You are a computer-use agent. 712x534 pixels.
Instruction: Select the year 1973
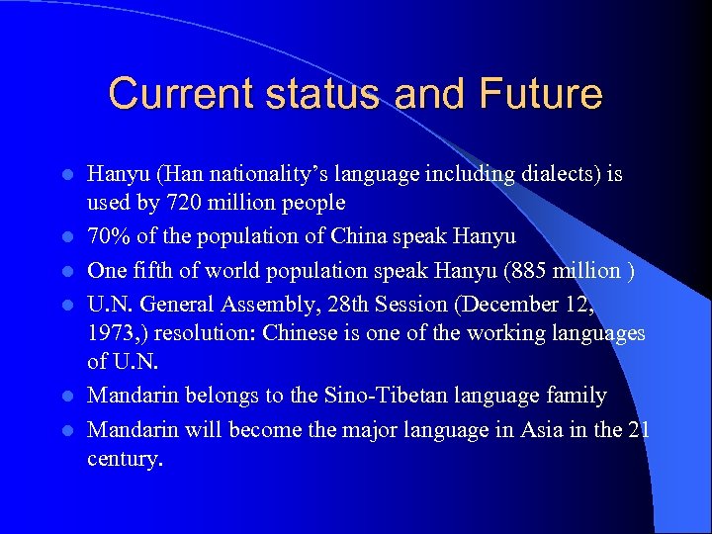coord(112,333)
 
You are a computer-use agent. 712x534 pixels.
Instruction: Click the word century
coord(125,460)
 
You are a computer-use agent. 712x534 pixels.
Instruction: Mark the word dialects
coord(547,174)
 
